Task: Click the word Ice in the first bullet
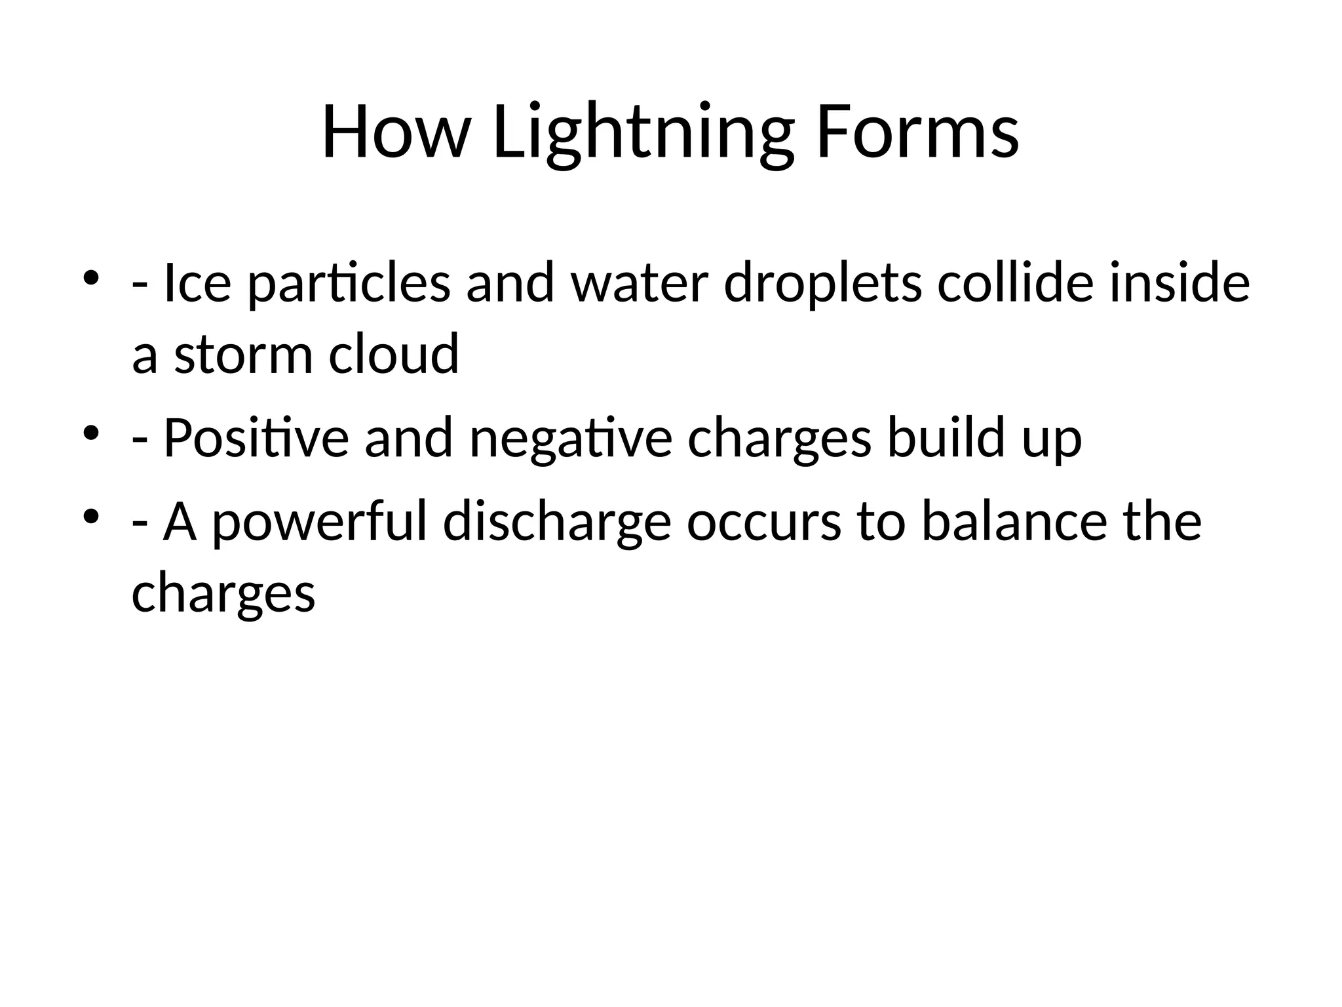(197, 283)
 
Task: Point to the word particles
(349, 283)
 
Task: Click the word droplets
(822, 283)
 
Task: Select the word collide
(1015, 283)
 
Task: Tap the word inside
(1179, 283)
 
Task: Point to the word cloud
(393, 354)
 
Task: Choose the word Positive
(256, 438)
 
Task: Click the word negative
(571, 438)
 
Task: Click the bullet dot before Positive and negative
(91, 433)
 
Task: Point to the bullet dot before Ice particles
(91, 278)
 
